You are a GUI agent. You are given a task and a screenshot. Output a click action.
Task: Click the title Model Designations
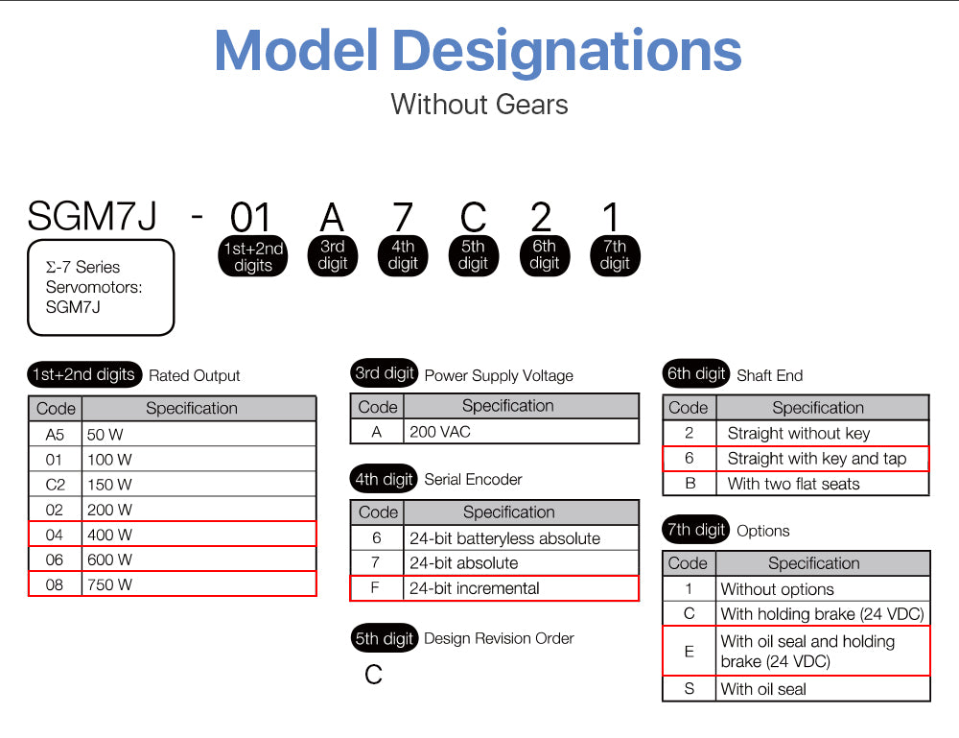[x=479, y=50]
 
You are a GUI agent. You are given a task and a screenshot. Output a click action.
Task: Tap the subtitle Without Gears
[x=479, y=104]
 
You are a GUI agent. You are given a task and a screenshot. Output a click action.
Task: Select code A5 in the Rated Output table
[x=55, y=434]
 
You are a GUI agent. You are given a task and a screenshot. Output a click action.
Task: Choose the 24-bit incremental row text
[x=474, y=588]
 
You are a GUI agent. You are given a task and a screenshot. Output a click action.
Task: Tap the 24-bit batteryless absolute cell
[x=504, y=538]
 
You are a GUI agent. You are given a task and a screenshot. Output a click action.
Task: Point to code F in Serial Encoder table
[x=376, y=588]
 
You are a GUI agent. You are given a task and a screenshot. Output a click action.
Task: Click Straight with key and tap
[x=816, y=459]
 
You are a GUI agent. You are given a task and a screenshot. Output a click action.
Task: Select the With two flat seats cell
[x=793, y=484]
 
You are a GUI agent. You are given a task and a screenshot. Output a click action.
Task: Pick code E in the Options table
[x=689, y=652]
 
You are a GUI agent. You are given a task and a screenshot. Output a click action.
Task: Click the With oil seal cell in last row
[x=763, y=689]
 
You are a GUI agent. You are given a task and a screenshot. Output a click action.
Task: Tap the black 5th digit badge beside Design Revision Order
[x=385, y=638]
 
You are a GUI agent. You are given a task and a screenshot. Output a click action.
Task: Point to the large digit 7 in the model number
[x=403, y=219]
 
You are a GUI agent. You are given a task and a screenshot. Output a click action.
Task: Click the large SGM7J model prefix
[x=92, y=216]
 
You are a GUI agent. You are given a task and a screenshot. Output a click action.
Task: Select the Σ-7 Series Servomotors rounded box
[x=101, y=287]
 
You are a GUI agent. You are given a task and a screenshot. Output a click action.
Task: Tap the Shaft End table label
[x=769, y=375]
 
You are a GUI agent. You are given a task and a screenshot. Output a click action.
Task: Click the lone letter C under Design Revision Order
[x=373, y=675]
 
